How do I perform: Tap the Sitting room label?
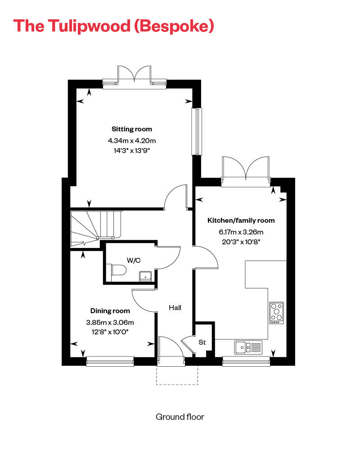(132, 129)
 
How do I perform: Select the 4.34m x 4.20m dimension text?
(132, 141)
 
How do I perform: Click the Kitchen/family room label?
(241, 220)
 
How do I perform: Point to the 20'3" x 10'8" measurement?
(241, 242)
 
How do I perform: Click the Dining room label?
(110, 311)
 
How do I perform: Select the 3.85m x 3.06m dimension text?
(110, 322)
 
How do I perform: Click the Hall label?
(175, 308)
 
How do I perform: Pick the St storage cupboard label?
(202, 342)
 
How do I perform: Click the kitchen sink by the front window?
(248, 347)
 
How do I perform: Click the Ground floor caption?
(180, 417)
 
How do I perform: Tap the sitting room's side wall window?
(197, 131)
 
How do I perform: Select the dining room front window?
(110, 360)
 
